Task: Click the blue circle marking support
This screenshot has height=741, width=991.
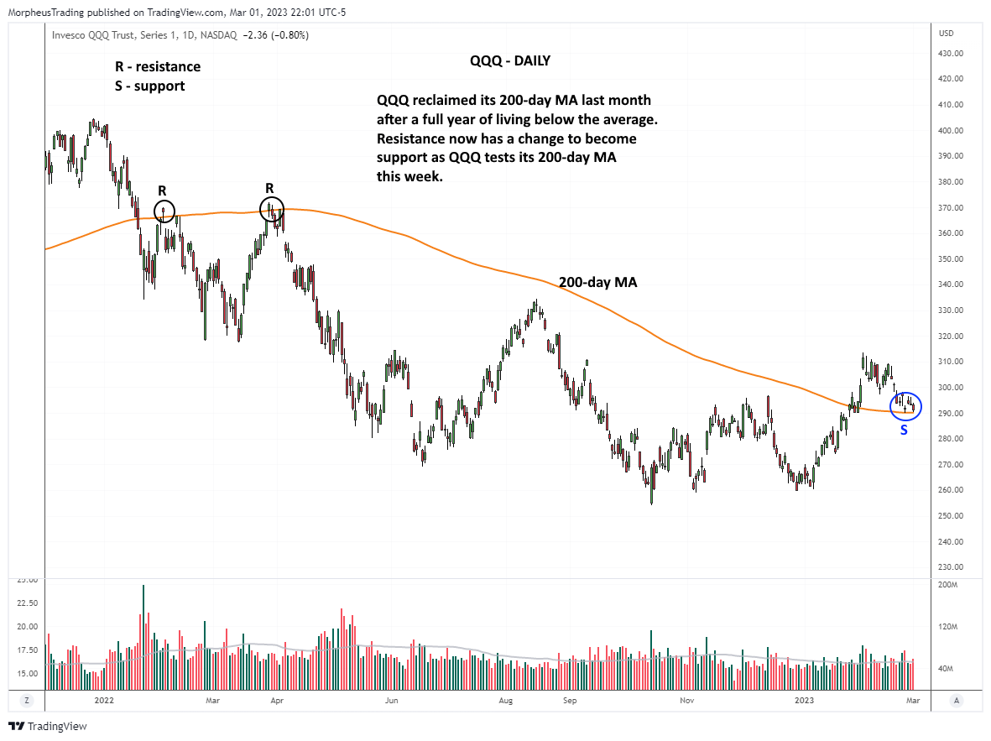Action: tap(905, 406)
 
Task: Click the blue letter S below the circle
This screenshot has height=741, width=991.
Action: tap(904, 430)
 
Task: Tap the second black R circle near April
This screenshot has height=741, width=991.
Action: tap(272, 208)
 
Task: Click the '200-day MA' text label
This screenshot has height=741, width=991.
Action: tap(597, 283)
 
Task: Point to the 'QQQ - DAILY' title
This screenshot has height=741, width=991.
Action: tap(510, 62)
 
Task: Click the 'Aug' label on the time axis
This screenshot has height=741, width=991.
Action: tap(505, 699)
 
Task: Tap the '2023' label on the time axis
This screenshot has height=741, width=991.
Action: tap(804, 699)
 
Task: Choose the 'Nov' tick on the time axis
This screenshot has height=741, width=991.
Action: tap(686, 699)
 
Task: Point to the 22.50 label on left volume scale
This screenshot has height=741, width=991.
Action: tap(29, 603)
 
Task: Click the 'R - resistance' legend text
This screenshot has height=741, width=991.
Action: tap(158, 66)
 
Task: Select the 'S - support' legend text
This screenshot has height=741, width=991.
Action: tap(149, 86)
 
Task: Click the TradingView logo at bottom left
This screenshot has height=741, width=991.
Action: tap(48, 726)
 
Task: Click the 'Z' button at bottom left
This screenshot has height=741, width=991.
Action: tap(27, 699)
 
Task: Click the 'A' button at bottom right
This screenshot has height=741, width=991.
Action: tap(956, 699)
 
